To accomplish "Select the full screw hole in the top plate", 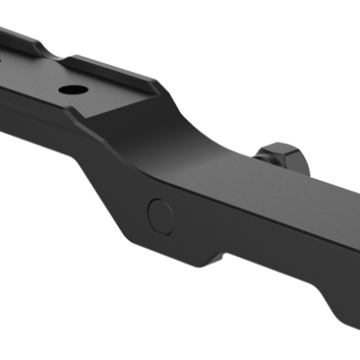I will (69, 92).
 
